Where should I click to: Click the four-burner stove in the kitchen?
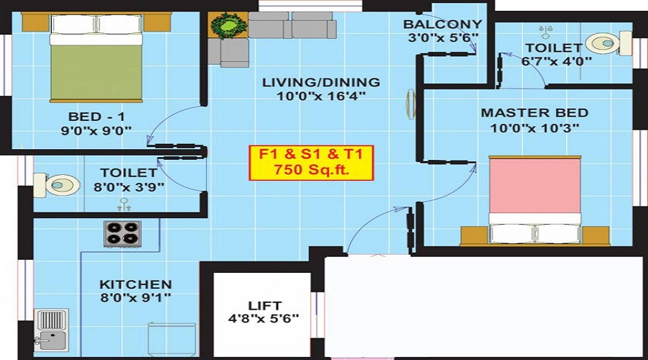[x=122, y=232]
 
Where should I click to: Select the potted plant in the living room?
[x=229, y=27]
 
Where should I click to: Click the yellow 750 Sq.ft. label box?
[x=311, y=163]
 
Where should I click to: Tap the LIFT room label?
[x=265, y=305]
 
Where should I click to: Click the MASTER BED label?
[x=534, y=113]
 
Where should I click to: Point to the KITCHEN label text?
[x=135, y=284]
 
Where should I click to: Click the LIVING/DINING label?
[x=320, y=82]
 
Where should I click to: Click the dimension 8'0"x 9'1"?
[x=135, y=298]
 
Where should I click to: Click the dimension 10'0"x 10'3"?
[x=534, y=128]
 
